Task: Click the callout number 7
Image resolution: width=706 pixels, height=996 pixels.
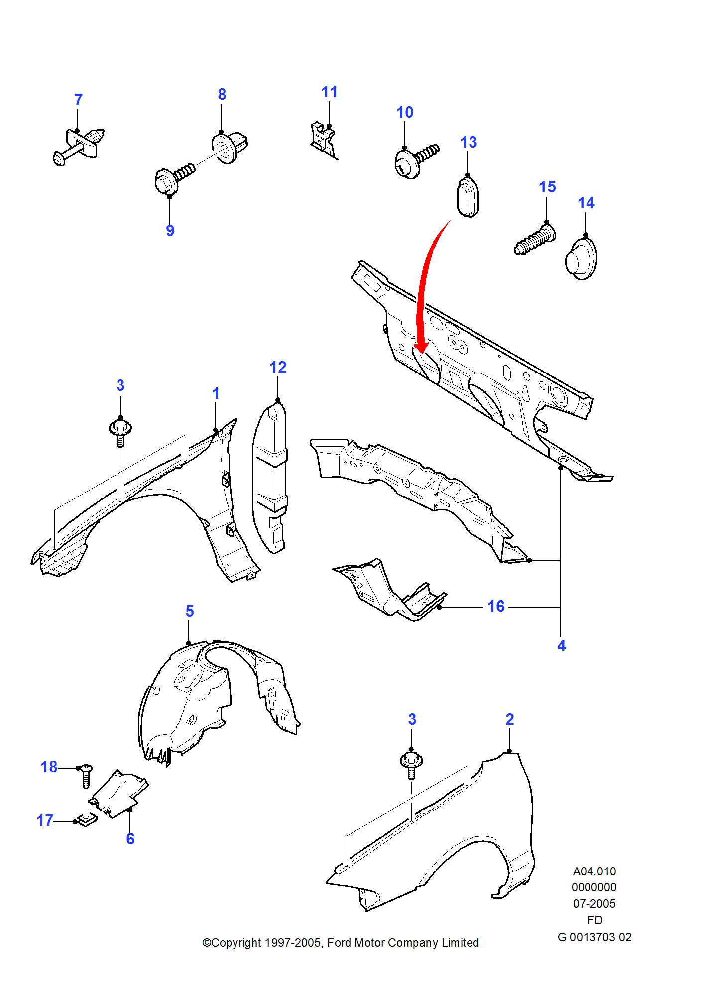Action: pyautogui.click(x=78, y=100)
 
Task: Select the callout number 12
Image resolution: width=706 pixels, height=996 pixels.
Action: pyautogui.click(x=278, y=367)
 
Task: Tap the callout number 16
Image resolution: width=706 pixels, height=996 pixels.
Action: pyautogui.click(x=496, y=606)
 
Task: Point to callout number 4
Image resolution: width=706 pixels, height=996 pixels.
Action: pyautogui.click(x=562, y=646)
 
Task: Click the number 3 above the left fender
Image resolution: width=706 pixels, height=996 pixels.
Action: pyautogui.click(x=120, y=385)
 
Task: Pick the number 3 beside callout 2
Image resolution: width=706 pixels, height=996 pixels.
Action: pyautogui.click(x=412, y=719)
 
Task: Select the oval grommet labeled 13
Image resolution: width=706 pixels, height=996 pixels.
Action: pyautogui.click(x=468, y=197)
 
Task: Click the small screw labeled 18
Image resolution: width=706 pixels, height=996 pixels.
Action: pyautogui.click(x=86, y=776)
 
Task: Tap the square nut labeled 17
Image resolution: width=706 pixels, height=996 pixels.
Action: pyautogui.click(x=87, y=820)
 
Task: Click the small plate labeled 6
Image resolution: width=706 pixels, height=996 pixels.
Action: pyautogui.click(x=119, y=794)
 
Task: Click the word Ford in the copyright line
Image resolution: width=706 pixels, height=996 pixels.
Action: pyautogui.click(x=339, y=943)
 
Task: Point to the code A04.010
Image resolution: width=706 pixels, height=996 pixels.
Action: pyautogui.click(x=594, y=871)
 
